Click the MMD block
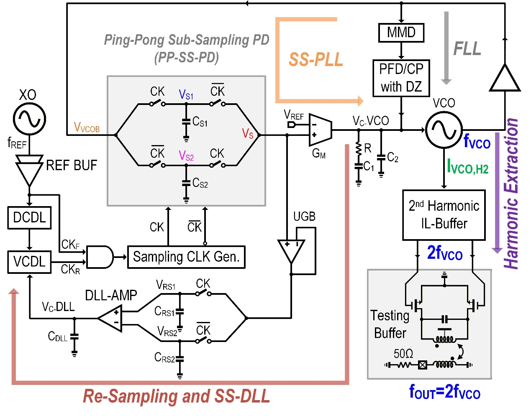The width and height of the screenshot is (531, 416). coord(401,33)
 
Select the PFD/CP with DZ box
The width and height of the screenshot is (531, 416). coord(401,78)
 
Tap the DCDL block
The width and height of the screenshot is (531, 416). coord(29,217)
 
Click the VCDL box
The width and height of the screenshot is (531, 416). coord(29,262)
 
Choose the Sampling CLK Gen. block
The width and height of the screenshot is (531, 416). coord(186,257)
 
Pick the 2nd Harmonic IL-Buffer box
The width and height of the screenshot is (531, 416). coord(444,215)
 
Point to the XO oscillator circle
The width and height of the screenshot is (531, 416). coord(29,119)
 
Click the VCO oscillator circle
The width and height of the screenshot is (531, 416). coord(444,130)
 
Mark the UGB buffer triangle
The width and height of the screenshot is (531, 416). coord(291,250)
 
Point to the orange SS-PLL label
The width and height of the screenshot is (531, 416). coord(316,60)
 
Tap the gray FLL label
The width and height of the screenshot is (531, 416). coord(467,48)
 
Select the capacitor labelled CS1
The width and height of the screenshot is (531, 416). coord(186,122)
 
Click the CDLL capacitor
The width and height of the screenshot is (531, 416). coord(74,337)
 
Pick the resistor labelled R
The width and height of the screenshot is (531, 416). coord(359,149)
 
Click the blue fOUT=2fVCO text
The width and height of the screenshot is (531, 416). coord(444,392)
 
